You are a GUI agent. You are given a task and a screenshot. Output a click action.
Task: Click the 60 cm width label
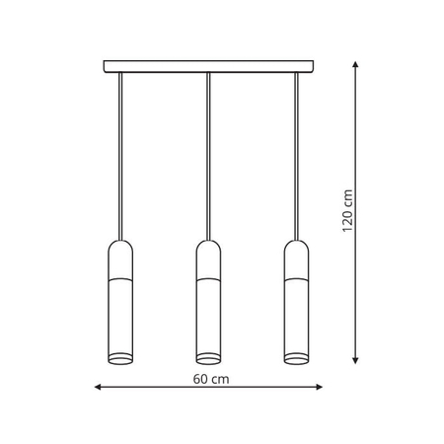click(x=211, y=379)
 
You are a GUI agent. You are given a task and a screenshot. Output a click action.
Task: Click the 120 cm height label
click(x=347, y=211)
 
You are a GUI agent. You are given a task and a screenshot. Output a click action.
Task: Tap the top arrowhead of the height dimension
click(x=355, y=64)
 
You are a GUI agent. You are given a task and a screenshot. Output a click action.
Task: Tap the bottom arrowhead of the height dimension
click(x=355, y=361)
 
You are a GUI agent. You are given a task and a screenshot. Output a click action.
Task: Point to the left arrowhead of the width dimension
click(x=98, y=387)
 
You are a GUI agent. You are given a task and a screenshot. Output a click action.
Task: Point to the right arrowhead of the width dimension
click(x=319, y=387)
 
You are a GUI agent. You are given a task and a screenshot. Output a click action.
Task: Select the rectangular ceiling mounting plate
click(x=208, y=66)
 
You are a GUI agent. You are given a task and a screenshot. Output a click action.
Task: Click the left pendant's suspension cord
click(x=120, y=156)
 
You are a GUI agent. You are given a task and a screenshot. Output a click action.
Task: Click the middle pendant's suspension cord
click(x=208, y=156)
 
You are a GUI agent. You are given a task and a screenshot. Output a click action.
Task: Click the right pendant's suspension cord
click(x=296, y=156)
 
